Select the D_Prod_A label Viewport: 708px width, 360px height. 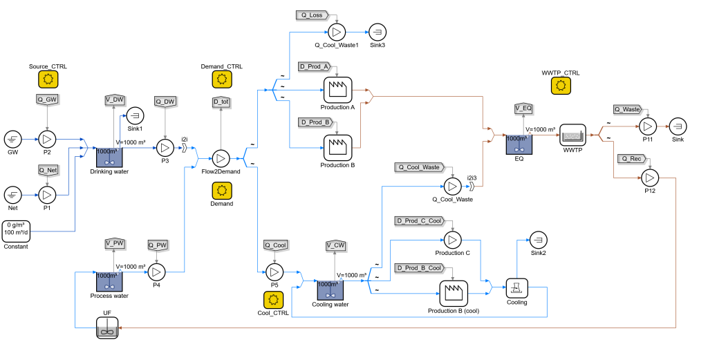coord(315,67)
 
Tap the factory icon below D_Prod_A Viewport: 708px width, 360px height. coord(337,90)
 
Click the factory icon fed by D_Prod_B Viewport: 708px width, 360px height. coord(337,147)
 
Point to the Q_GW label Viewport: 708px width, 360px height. coord(48,100)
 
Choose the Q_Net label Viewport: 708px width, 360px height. coord(48,170)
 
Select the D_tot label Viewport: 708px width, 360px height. coord(221,102)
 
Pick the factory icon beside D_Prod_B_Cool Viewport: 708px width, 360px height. coord(454,293)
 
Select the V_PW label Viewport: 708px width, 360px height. coord(115,243)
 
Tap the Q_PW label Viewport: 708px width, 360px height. coord(158,245)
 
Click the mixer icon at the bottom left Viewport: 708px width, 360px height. coord(107,328)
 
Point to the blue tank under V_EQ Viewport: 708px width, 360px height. coord(519,144)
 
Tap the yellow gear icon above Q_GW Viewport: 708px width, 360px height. coord(48,79)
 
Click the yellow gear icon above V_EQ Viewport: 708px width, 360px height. coord(561,86)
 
